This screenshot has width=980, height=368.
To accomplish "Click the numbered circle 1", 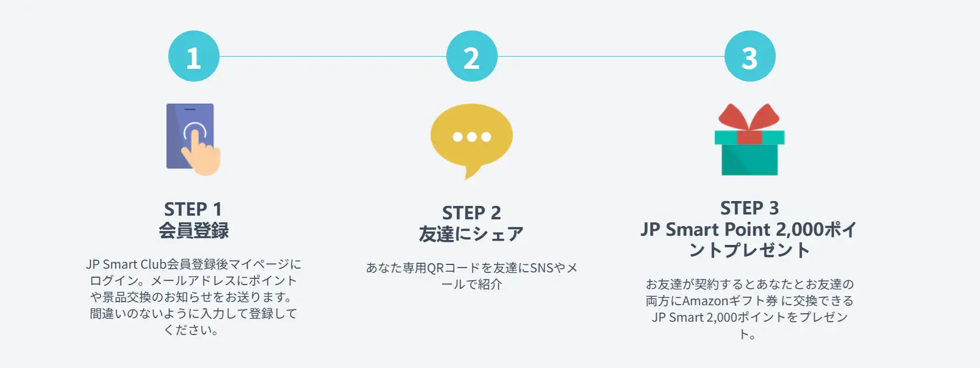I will tap(194, 56).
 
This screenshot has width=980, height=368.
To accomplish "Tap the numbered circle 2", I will tap(472, 56).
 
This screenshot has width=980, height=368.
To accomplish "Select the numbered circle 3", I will tap(750, 56).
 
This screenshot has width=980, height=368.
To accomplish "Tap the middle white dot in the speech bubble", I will tap(472, 136).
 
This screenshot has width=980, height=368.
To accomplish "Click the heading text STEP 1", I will tap(193, 209).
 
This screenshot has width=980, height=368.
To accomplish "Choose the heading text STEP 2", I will tap(471, 213).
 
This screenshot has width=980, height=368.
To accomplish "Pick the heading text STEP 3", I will tap(749, 208).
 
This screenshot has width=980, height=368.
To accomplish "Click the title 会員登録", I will tap(194, 230).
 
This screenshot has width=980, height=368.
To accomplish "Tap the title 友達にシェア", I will tap(471, 234).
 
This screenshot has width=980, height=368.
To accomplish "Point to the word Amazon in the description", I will tap(706, 301).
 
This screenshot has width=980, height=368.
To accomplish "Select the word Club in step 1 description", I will tap(153, 264).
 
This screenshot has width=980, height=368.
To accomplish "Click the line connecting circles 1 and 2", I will tap(333, 57).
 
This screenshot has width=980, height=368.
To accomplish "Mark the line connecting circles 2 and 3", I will tap(611, 57).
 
